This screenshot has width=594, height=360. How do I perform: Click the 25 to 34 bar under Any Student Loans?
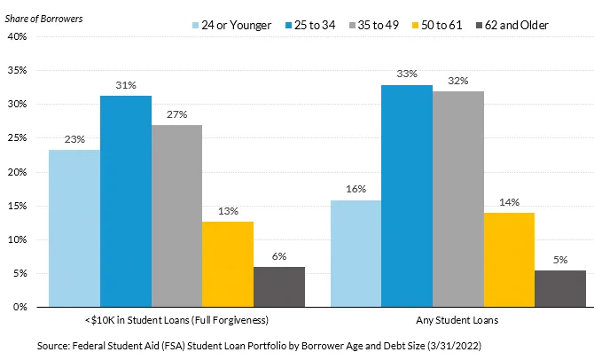407,196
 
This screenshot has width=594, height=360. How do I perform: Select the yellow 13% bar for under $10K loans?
228,264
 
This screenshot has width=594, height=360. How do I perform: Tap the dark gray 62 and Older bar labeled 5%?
560,288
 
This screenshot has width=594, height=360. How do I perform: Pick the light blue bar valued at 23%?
74,228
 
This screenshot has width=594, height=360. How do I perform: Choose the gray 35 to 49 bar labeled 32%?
458,199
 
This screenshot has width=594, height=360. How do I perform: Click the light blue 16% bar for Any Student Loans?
356,254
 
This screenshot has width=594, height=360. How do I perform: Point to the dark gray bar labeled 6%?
279,287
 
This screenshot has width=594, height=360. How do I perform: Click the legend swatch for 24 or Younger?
195,26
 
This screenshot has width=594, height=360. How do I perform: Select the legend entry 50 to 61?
437,25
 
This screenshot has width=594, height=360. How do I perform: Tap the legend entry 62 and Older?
512,25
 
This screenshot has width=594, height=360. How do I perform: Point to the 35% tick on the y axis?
18,70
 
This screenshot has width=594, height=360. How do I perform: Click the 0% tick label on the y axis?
20,307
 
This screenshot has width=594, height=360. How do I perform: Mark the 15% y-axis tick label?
18,206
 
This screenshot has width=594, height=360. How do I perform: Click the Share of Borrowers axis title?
43,19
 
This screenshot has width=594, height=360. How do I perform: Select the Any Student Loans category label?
457,320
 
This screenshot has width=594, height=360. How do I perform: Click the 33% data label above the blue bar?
407,74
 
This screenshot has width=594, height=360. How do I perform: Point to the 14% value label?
509,202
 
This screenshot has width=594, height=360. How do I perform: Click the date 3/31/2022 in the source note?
454,346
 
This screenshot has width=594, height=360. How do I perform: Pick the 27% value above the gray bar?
177,114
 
